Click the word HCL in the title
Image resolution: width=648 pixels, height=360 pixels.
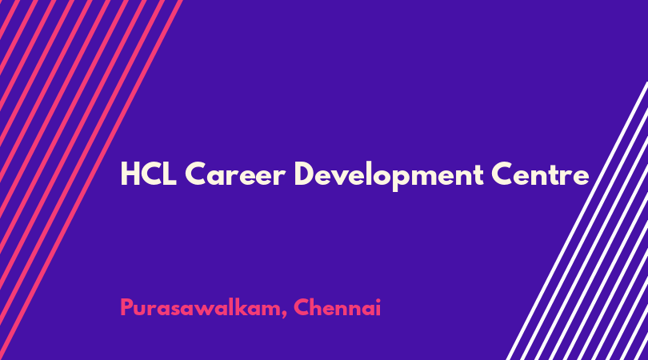coord(149,174)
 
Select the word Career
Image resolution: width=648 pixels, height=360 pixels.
coord(235,174)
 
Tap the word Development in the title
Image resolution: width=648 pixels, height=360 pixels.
coord(389,175)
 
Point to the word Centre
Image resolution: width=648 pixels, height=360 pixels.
coord(540,174)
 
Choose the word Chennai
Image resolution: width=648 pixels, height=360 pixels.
coord(338,307)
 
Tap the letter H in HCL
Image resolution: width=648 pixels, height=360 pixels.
coord(130,174)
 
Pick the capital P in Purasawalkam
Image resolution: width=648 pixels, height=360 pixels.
coord(127,307)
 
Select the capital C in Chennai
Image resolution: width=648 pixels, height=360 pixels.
coord(302,307)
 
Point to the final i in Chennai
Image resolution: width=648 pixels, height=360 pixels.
coord(378,307)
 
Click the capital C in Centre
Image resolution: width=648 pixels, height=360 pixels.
coord(502,174)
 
